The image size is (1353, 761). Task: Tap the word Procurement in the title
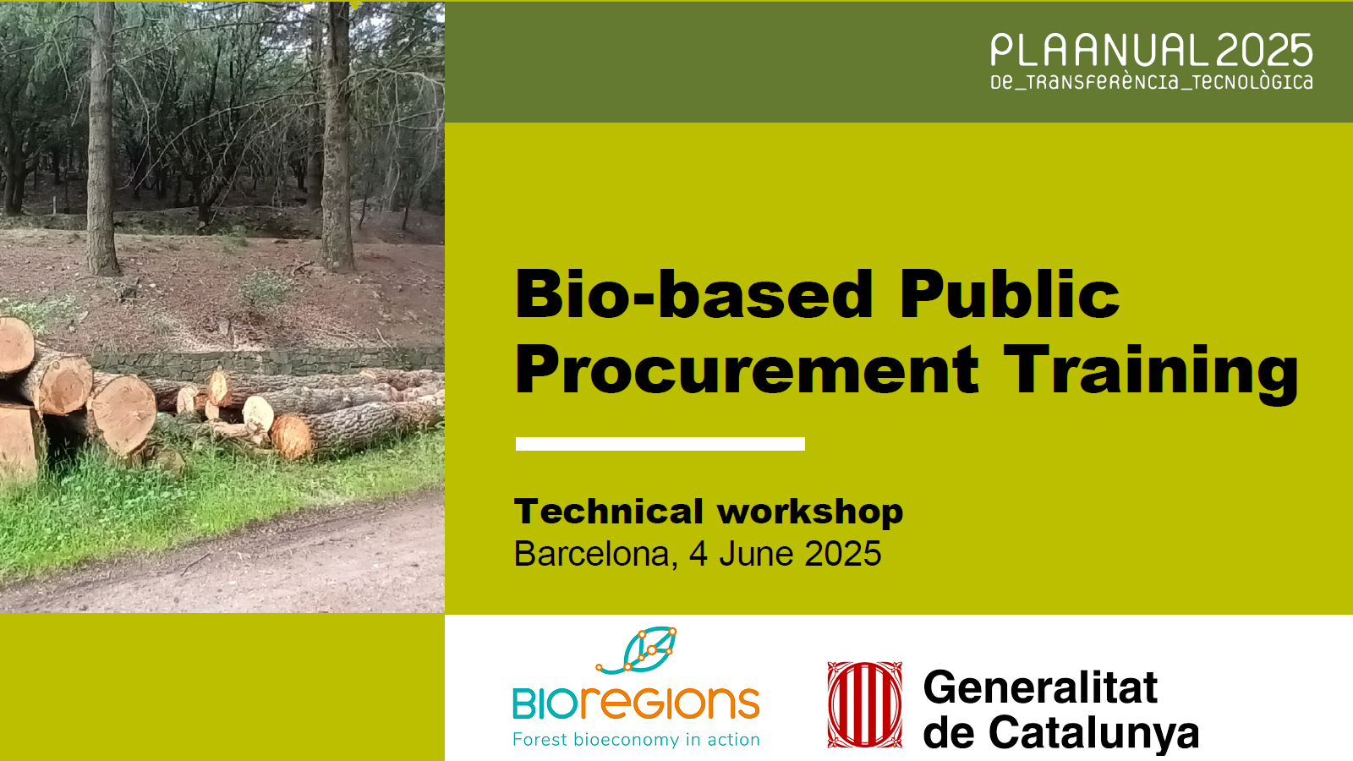click(748, 370)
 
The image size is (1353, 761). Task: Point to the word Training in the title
click(1152, 370)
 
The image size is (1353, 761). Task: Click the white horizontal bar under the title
click(660, 444)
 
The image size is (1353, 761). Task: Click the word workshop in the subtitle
click(810, 512)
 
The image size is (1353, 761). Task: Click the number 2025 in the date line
click(842, 555)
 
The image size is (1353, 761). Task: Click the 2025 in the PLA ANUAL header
click(1265, 52)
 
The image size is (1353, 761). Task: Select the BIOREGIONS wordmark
click(636, 704)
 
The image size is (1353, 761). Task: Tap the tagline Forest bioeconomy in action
click(636, 740)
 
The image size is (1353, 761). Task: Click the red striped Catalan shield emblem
click(864, 704)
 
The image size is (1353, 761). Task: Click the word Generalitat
click(1040, 687)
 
